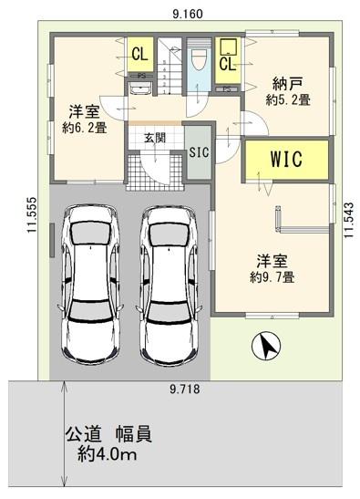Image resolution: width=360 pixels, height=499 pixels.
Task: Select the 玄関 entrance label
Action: [155, 139]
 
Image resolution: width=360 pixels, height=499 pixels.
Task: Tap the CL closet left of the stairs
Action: [139, 53]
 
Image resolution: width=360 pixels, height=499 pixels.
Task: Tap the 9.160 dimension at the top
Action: [186, 14]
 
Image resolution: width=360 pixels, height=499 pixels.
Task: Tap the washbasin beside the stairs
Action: [139, 89]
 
